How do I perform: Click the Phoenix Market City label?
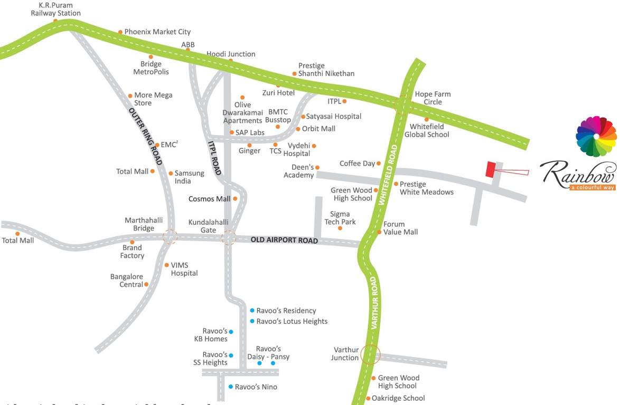click(x=157, y=32)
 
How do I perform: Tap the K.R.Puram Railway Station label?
click(x=55, y=9)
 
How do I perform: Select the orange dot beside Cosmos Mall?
click(x=235, y=198)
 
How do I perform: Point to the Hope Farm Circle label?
click(x=433, y=98)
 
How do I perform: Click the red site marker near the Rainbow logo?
click(x=491, y=169)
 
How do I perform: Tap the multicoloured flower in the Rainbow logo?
click(x=596, y=137)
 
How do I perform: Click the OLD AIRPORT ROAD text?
click(x=284, y=240)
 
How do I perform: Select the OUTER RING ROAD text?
click(x=145, y=137)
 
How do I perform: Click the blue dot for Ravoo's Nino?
click(x=231, y=387)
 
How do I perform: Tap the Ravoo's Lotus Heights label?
click(x=292, y=321)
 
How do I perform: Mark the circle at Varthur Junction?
click(x=370, y=355)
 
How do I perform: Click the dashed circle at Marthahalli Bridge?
click(x=170, y=237)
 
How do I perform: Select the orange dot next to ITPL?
click(x=344, y=101)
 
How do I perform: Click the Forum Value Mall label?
click(x=400, y=228)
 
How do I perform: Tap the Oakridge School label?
click(x=398, y=398)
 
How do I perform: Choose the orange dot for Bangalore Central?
click(x=146, y=284)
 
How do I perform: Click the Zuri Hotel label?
click(x=278, y=93)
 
